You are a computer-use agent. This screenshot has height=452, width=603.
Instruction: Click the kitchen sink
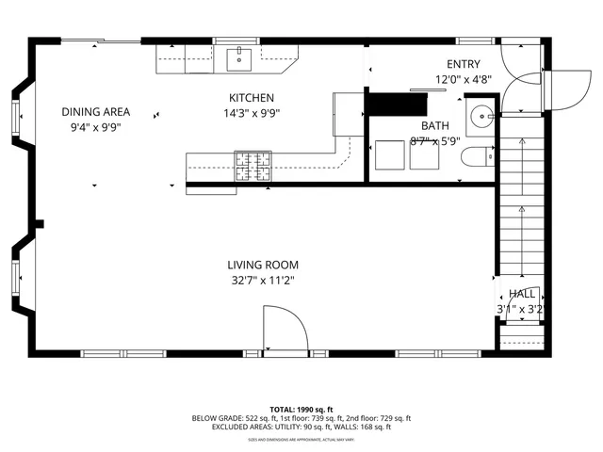240,59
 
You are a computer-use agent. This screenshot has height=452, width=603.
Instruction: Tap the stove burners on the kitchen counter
251,165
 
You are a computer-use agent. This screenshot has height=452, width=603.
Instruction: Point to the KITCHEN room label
252,98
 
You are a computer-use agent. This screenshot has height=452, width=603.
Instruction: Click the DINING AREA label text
95,111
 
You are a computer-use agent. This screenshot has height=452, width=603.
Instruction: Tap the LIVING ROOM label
262,265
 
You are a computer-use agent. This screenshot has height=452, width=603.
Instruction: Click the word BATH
435,125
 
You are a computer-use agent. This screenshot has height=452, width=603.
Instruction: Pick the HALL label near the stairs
522,294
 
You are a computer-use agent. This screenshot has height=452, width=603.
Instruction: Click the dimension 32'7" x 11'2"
262,280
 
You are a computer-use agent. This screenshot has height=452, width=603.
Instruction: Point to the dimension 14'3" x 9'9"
252,113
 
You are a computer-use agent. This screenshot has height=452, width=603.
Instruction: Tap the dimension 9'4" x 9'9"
95,126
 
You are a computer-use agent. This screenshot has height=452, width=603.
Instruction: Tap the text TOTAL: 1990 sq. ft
301,410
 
